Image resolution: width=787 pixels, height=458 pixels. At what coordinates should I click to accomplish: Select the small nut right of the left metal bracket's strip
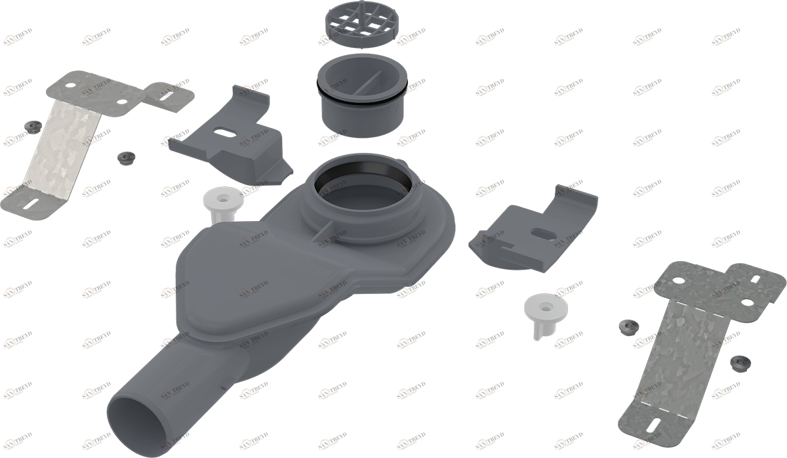pyautogui.click(x=124, y=157)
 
